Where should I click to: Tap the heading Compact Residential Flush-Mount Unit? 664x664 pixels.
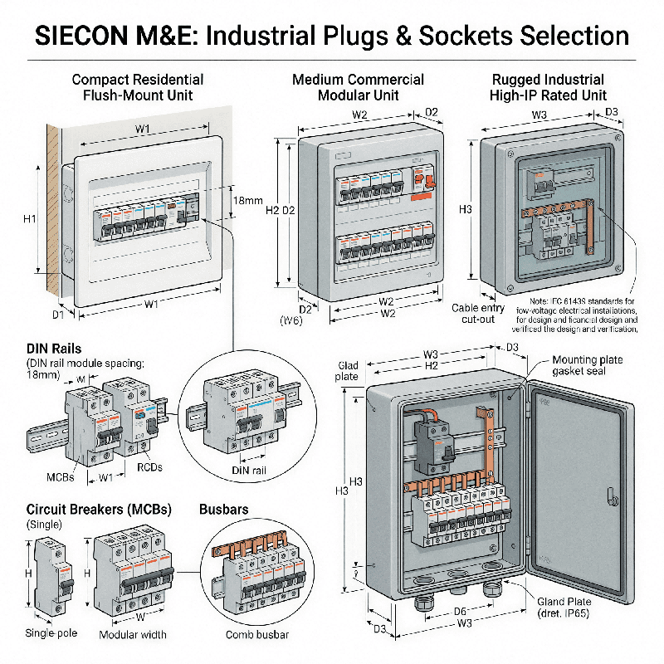click(x=137, y=87)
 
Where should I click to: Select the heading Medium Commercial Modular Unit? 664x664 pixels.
click(x=358, y=87)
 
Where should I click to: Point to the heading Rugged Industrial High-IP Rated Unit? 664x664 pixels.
click(x=549, y=87)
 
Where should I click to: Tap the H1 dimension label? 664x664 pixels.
click(x=30, y=218)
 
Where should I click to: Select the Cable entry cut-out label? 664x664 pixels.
click(x=477, y=314)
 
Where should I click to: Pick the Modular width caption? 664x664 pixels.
click(x=133, y=635)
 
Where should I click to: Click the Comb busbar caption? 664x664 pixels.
click(x=256, y=635)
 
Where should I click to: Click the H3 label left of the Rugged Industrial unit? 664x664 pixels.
click(x=465, y=208)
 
